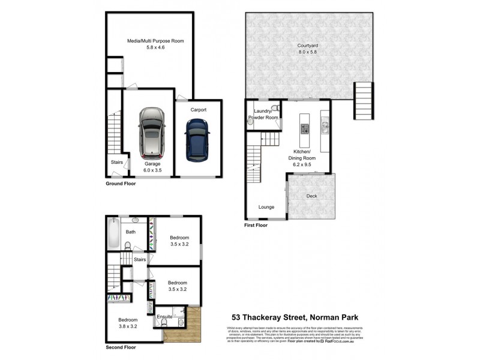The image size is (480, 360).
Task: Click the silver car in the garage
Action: pos(151,132)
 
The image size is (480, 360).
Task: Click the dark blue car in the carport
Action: pos(197,139)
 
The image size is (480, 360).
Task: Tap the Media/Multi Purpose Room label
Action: pos(155,44)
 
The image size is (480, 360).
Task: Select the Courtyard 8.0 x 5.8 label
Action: pos(307,49)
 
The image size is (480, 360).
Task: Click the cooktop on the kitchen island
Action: pos(304,128)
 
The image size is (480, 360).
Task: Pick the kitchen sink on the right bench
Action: pos(325,126)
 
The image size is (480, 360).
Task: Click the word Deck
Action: pos(311,196)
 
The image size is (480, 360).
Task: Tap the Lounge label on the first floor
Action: pos(266,207)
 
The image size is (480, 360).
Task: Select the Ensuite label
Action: pos(164,316)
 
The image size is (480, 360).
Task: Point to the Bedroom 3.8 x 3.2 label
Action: pos(127,323)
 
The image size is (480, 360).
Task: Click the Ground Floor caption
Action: pos(121,184)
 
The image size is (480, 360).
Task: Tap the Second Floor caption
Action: pos(121,347)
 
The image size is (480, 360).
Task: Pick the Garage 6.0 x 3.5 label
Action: pos(152,167)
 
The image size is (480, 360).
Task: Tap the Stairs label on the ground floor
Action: pos(116,161)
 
